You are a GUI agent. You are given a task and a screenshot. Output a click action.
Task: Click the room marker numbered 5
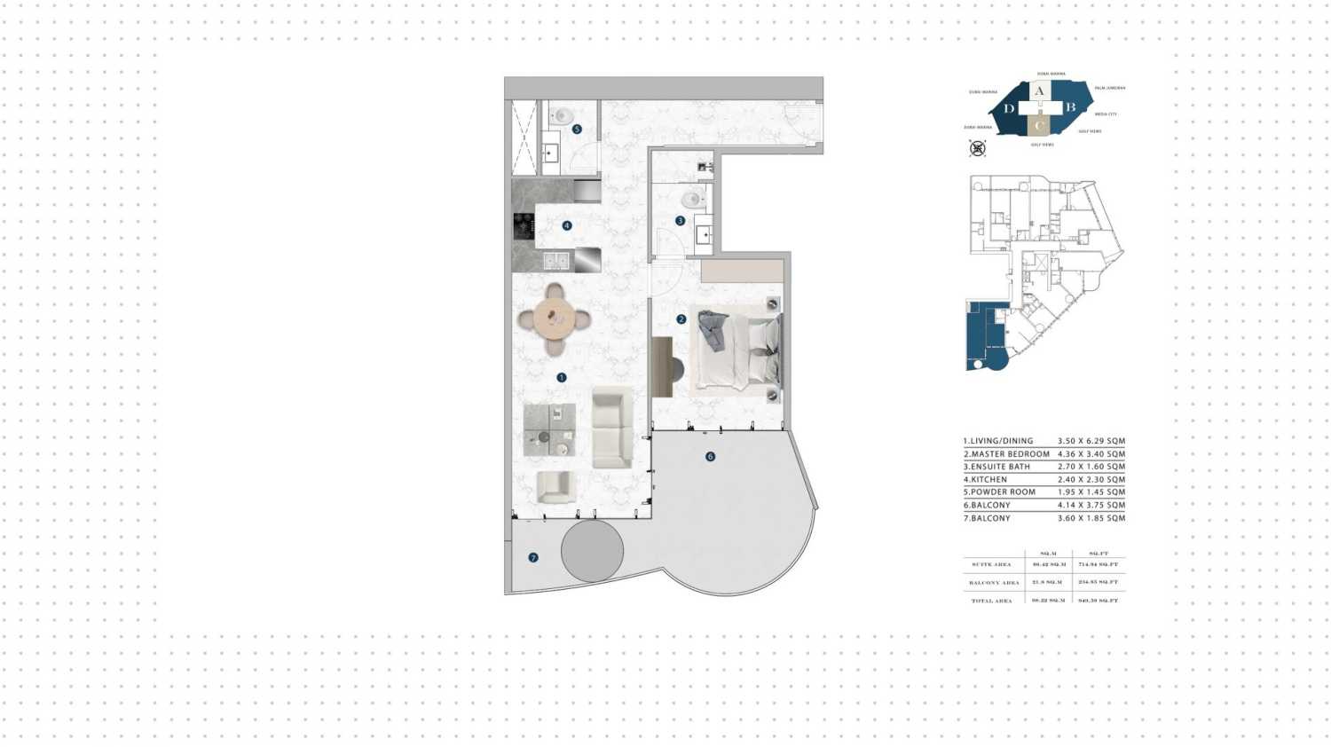click(x=577, y=130)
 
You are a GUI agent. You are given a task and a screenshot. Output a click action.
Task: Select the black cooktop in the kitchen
click(x=524, y=226)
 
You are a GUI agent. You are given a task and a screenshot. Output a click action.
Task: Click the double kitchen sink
click(x=556, y=261)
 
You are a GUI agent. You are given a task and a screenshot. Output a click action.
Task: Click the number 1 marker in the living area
click(x=561, y=378)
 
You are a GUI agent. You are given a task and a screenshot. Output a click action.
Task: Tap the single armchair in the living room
click(x=555, y=486)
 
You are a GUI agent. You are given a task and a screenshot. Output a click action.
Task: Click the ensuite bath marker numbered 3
click(x=681, y=221)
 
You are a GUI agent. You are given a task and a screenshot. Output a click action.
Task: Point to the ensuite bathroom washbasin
click(x=704, y=235)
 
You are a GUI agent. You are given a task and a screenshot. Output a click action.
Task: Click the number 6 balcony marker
click(x=710, y=457)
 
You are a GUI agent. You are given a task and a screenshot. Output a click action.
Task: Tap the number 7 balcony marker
click(x=533, y=558)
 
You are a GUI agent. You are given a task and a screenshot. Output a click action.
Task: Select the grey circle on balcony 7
click(x=592, y=551)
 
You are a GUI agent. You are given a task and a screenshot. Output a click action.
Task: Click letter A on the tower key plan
click(x=1039, y=90)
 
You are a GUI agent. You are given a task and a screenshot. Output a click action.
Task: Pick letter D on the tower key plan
click(x=1009, y=109)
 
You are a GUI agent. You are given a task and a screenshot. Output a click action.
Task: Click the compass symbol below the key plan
click(x=977, y=148)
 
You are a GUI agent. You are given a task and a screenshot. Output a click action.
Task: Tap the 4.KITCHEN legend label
click(x=985, y=480)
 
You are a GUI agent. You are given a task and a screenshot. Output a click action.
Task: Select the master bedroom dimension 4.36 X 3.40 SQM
click(x=1091, y=454)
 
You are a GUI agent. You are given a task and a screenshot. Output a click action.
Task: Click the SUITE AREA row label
click(x=991, y=565)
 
